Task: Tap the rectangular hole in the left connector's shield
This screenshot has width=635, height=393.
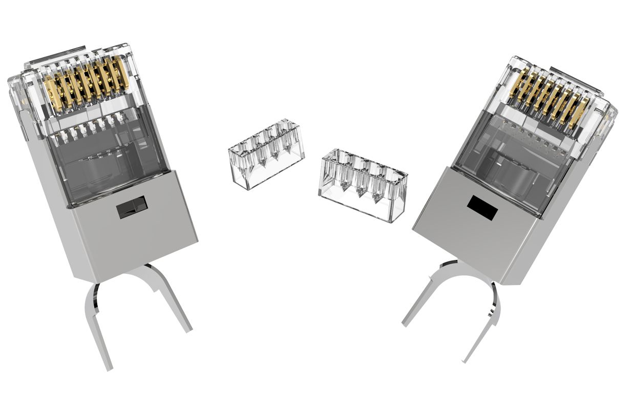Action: pos(132,207)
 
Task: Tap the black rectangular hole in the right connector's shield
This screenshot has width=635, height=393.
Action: pos(482,208)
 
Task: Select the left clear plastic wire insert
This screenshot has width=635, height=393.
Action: pos(266,154)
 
